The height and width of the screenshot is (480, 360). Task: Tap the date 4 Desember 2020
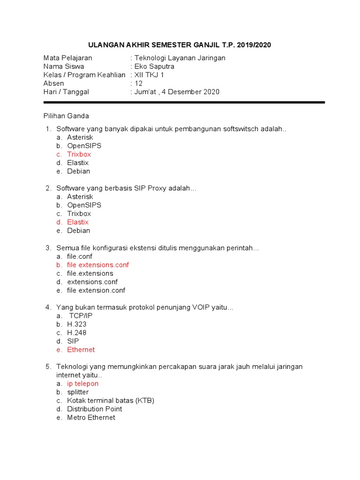[x=190, y=92]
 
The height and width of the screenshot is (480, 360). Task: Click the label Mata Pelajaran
[x=67, y=58]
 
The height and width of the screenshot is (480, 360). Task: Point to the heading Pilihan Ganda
[x=66, y=116]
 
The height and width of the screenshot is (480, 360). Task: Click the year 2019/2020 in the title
[x=254, y=45]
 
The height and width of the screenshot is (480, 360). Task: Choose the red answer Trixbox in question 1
[x=79, y=154]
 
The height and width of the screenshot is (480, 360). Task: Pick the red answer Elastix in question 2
[x=77, y=222]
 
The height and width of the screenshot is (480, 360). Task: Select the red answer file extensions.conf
[x=97, y=265]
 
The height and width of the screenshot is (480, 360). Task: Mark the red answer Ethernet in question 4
[x=81, y=350]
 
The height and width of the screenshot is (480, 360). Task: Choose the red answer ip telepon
[x=82, y=383]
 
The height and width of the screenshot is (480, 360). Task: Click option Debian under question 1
[x=78, y=171]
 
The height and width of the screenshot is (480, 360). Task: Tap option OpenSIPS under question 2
[x=84, y=205]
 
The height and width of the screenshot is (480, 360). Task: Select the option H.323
[x=76, y=324]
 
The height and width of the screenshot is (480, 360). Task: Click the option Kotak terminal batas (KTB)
[x=111, y=400]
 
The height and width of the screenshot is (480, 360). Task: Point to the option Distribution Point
[x=94, y=409]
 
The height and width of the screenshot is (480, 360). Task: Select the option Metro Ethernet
[x=91, y=417]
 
